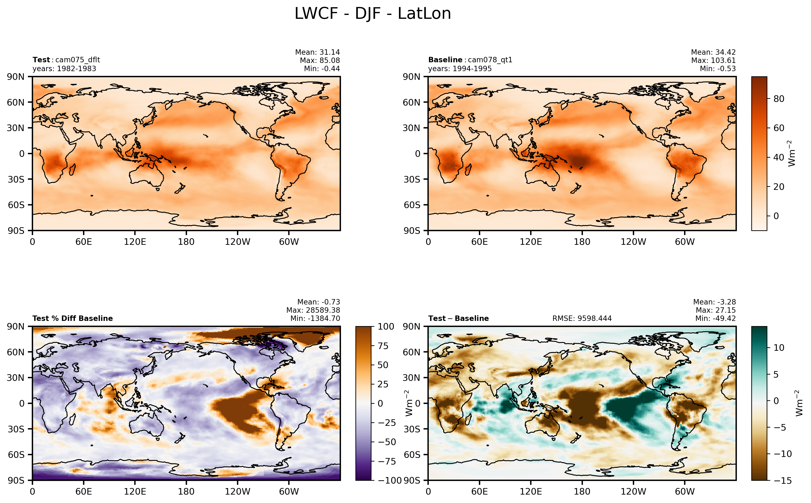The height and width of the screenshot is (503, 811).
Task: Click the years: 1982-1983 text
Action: (64, 69)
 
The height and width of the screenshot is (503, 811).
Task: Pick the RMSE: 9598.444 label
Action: (582, 318)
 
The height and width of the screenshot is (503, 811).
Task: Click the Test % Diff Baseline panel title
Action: (72, 318)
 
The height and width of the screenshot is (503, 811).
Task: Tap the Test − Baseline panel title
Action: (458, 318)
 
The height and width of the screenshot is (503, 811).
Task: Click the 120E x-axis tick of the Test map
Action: (135, 242)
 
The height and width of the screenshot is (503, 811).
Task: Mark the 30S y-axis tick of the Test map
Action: (16, 179)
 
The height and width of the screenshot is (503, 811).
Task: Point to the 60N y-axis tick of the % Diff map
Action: (16, 352)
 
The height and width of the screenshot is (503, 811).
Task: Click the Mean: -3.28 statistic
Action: (714, 302)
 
